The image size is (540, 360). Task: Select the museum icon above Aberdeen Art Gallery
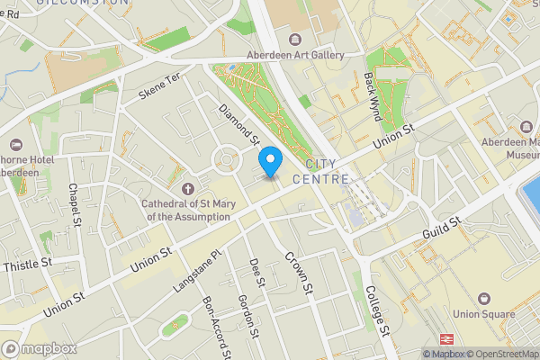point(295,39)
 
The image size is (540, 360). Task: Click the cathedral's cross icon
point(187,189)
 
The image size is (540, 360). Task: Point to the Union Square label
point(484,314)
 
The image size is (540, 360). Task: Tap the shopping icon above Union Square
point(484,298)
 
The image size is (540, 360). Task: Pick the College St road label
point(376,310)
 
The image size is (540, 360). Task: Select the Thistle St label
point(28,265)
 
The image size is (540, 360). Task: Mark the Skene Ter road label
point(160,87)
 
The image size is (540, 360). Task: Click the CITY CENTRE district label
point(327,172)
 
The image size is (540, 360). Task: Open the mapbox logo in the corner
point(39,348)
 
